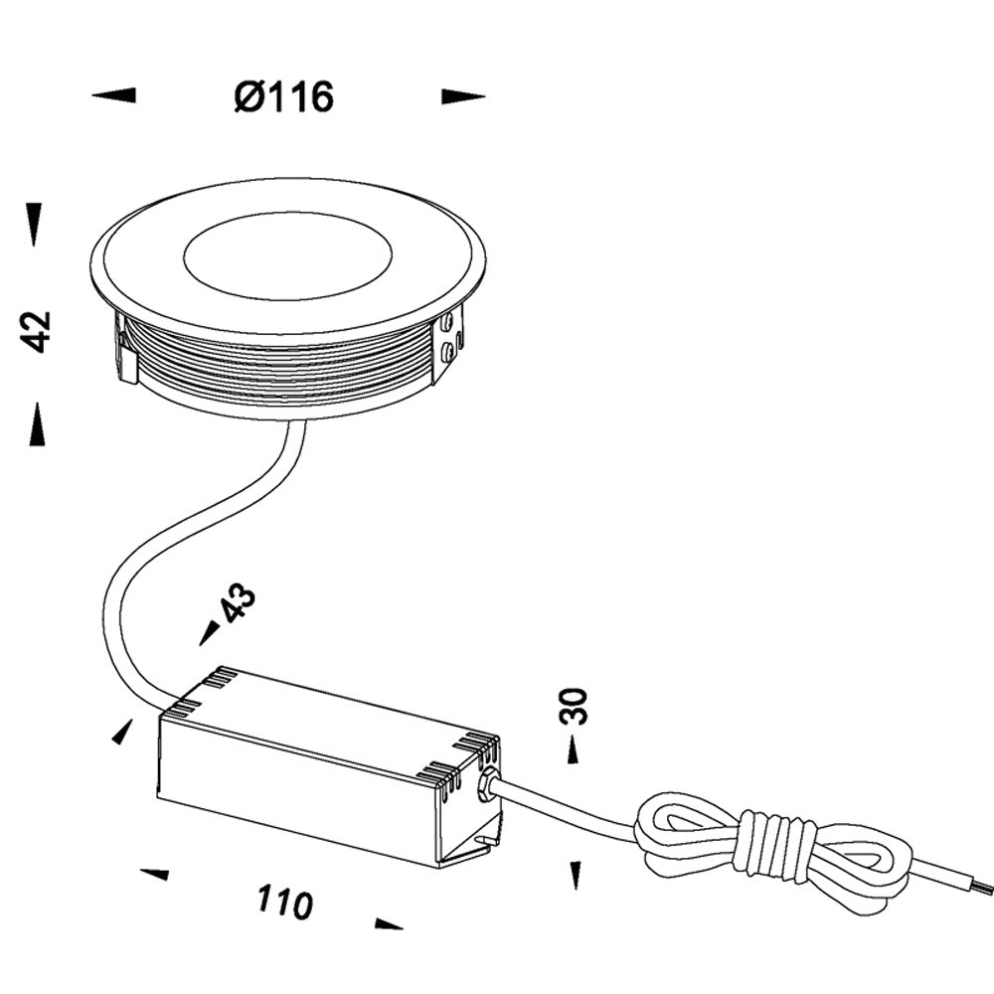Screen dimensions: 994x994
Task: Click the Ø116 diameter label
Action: pyautogui.click(x=284, y=97)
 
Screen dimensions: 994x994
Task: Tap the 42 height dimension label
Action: pyautogui.click(x=38, y=330)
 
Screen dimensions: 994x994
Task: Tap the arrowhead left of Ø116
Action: pyautogui.click(x=113, y=95)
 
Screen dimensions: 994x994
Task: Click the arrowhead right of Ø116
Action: pyautogui.click(x=463, y=96)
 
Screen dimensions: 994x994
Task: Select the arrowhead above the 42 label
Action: pyautogui.click(x=35, y=224)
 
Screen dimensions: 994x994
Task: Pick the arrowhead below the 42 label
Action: pyautogui.click(x=37, y=424)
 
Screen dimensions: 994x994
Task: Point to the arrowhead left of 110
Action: pyautogui.click(x=154, y=874)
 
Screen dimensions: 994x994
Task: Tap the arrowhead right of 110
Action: pyautogui.click(x=389, y=924)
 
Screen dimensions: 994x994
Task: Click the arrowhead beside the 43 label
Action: pyautogui.click(x=210, y=631)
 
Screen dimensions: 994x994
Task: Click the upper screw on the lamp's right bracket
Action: pyautogui.click(x=449, y=322)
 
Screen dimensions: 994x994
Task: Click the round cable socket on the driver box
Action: pyautogui.click(x=487, y=785)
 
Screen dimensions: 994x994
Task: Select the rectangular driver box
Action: pyautogui.click(x=328, y=770)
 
